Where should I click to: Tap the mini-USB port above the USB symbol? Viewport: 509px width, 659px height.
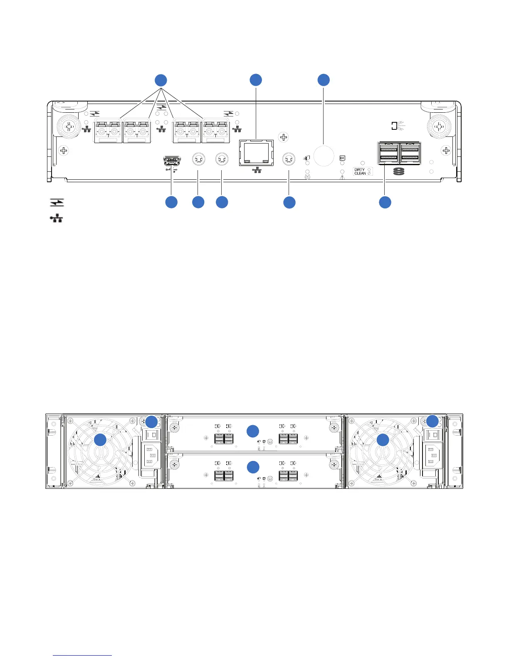(x=171, y=161)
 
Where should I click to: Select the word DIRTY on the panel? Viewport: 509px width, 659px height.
(x=359, y=169)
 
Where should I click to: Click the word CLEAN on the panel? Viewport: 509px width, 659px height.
(x=360, y=173)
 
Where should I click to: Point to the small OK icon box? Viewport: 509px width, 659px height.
(x=342, y=158)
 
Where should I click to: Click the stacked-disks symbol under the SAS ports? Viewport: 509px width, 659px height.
(x=398, y=172)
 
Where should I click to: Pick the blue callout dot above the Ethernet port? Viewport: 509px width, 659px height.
(x=256, y=80)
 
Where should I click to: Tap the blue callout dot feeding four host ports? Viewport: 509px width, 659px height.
(x=161, y=80)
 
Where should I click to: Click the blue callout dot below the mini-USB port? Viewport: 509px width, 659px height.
(x=171, y=202)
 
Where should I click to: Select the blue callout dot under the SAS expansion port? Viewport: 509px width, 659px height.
(x=385, y=202)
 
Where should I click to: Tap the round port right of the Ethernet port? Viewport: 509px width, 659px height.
(x=289, y=159)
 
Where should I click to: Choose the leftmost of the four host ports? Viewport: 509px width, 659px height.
(x=108, y=130)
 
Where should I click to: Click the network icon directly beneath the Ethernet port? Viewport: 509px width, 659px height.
(x=257, y=170)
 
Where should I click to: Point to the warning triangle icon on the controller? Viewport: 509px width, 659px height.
(x=343, y=177)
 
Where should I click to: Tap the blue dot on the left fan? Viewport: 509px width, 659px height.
(x=100, y=440)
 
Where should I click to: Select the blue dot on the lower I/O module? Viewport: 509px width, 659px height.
(x=253, y=467)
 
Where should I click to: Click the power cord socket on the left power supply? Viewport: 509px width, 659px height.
(x=150, y=456)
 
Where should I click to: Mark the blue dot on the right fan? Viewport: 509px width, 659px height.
(x=383, y=440)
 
